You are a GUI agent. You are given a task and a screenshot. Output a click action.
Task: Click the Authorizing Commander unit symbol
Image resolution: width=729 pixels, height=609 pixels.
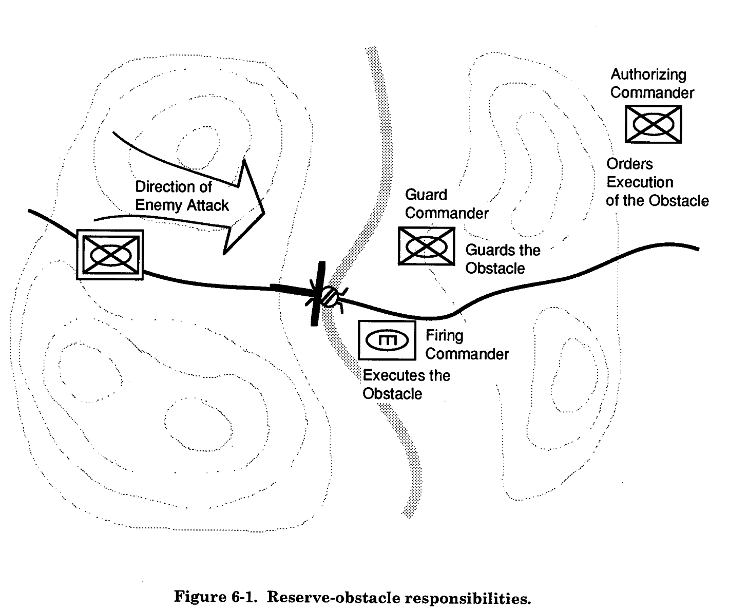653,124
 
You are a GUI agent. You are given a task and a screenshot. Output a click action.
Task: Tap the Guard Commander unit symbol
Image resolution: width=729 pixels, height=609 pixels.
426,246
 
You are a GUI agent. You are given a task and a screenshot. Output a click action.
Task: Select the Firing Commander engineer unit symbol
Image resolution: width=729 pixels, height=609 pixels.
387,340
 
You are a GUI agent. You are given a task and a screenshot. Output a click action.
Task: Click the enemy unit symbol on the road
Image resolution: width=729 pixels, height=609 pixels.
110,254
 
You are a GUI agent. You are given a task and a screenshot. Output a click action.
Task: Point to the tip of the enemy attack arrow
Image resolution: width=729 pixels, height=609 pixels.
263,212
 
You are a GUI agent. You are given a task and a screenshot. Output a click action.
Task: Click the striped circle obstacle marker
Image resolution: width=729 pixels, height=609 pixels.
329,296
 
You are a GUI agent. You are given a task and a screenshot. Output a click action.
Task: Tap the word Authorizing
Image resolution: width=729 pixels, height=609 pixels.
648,74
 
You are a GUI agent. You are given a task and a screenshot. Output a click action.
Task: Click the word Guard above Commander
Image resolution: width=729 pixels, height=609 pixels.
426,195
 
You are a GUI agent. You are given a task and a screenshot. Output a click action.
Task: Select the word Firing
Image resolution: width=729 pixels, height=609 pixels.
444,336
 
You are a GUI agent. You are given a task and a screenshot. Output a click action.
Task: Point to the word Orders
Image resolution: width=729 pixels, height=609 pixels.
629,164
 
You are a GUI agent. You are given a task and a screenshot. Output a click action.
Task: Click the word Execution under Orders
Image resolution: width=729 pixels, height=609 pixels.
640,182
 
